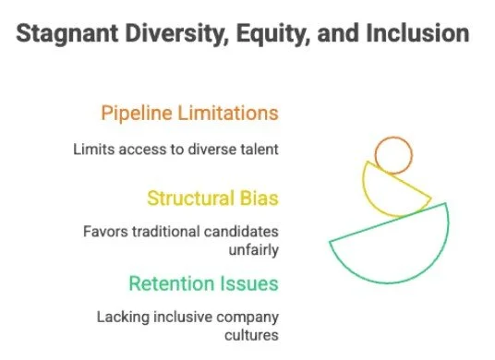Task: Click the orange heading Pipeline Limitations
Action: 189,114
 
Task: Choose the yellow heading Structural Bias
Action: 212,198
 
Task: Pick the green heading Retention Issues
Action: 203,282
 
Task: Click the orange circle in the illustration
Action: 393,155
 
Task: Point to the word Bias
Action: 258,198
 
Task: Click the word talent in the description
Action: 260,148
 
